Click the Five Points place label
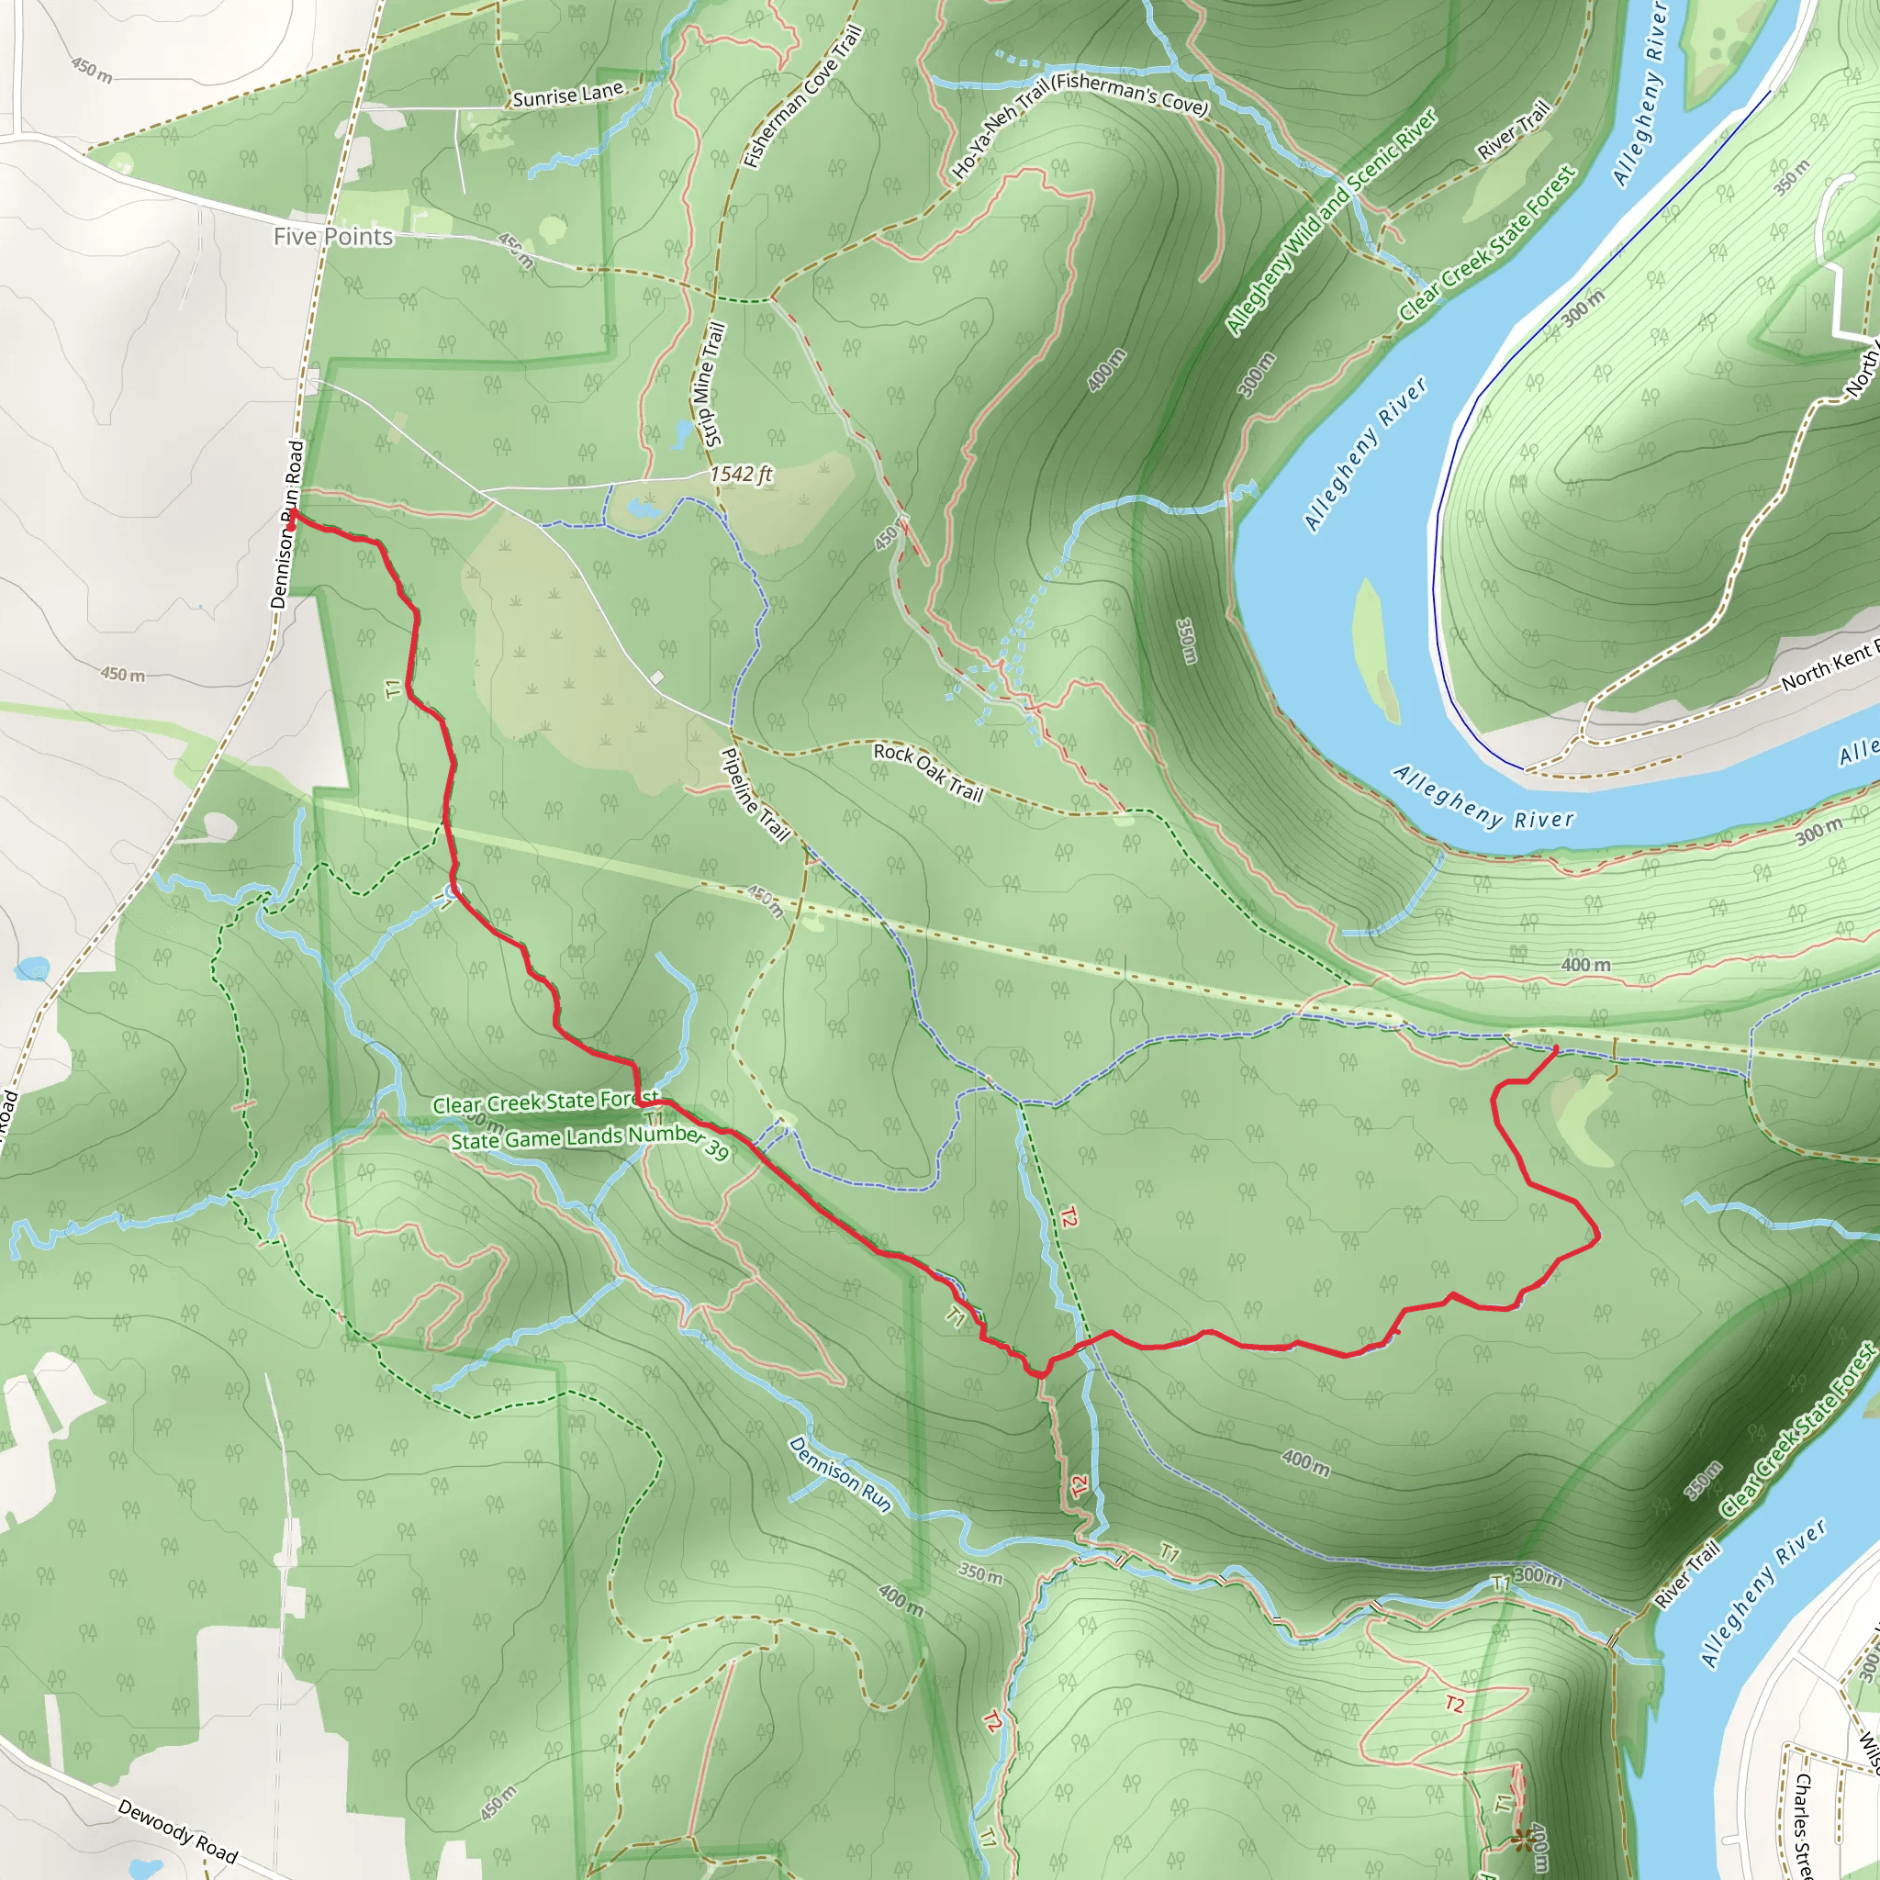pos(333,237)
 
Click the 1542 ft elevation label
pos(741,474)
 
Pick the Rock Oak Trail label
pos(927,773)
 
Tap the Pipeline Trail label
pos(755,794)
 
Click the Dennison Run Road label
pos(287,525)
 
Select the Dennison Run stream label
pos(840,1475)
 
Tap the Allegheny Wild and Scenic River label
pos(1330,222)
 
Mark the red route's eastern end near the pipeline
pos(1556,1048)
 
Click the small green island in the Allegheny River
pos(1376,647)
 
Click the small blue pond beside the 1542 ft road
pos(643,507)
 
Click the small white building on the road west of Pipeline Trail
pos(658,677)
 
